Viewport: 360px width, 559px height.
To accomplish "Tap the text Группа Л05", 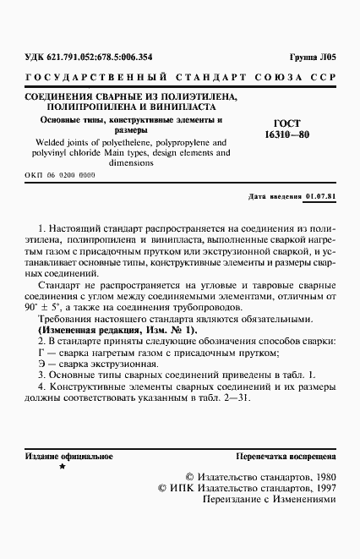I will point(314,58).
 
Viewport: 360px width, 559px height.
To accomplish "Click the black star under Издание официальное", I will point(63,466).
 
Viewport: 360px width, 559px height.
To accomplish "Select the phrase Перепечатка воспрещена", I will point(286,455).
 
